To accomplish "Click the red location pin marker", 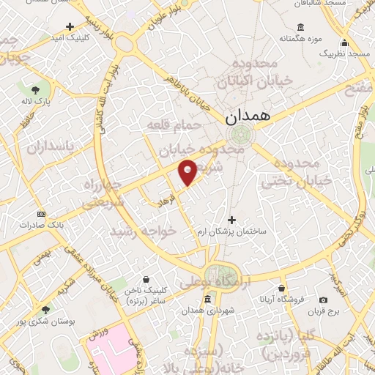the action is tap(188, 171).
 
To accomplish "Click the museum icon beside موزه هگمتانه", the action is tap(281, 38).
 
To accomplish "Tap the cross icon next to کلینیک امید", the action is tap(70, 25).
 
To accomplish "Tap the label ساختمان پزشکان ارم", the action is tap(231, 231).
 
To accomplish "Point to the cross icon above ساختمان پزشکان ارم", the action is tap(232, 220).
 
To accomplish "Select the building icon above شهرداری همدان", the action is tap(208, 300).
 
